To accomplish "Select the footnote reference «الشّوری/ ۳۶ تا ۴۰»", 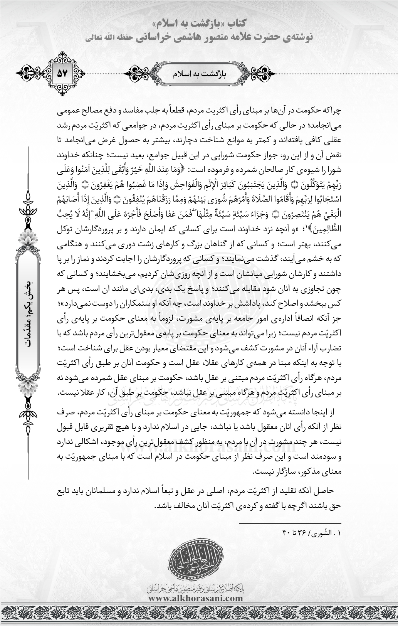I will click(x=313, y=533).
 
